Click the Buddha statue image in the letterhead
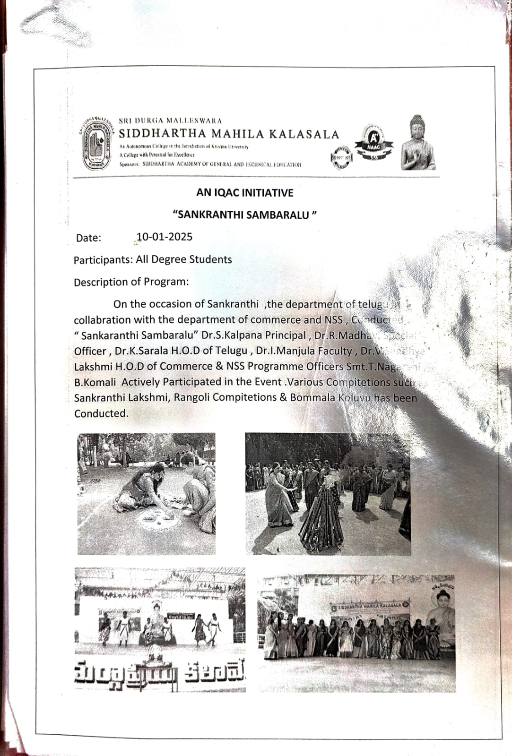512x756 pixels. click(x=418, y=143)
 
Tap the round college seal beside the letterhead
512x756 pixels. click(x=99, y=143)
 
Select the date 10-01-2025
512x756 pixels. click(x=164, y=237)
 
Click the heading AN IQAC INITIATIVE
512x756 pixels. click(x=244, y=193)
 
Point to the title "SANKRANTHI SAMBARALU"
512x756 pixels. click(x=244, y=215)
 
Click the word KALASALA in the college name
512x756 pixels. click(x=304, y=134)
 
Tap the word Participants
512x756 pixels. click(x=103, y=260)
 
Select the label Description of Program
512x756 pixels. click(x=131, y=282)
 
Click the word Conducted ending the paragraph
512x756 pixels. click(x=101, y=413)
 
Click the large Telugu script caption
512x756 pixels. click(x=160, y=672)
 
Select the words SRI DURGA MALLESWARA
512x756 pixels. click(x=170, y=121)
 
